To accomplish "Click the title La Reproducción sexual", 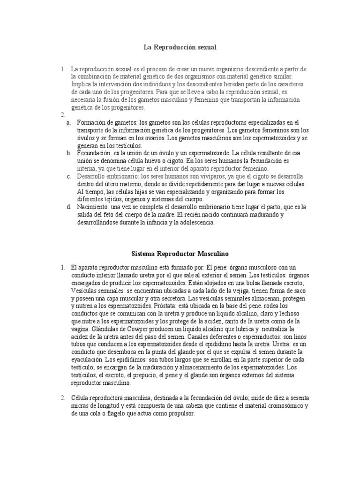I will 180,47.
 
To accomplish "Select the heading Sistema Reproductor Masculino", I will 180,254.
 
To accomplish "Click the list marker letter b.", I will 68,153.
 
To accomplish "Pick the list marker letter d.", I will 68,207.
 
